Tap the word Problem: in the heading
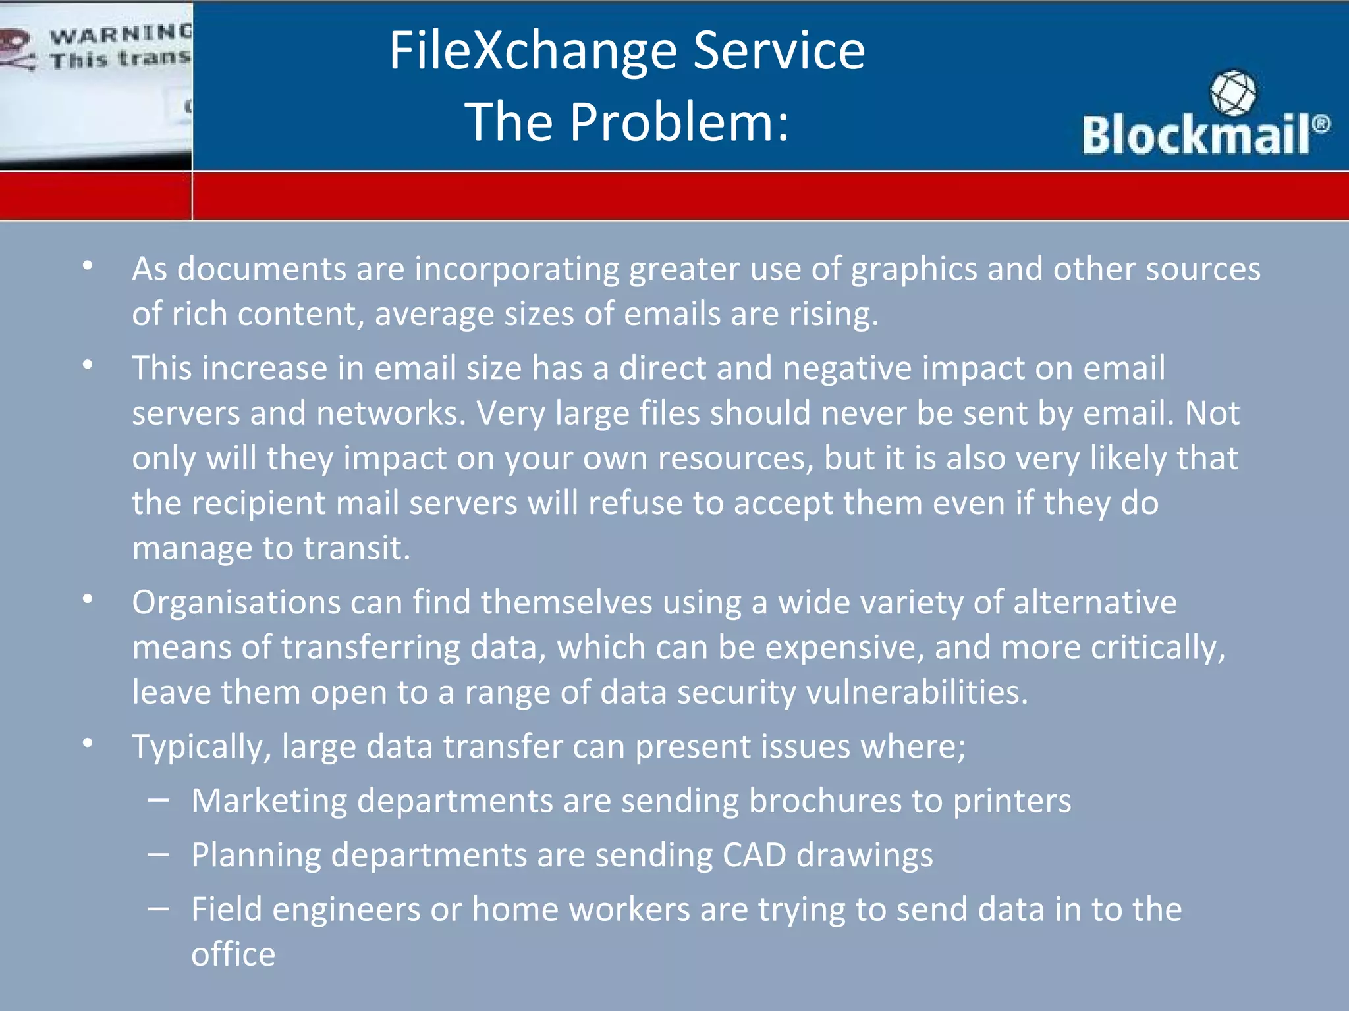[x=679, y=122]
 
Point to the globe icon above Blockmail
[x=1232, y=93]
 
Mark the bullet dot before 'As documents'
[x=88, y=266]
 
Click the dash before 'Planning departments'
[x=159, y=855]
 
